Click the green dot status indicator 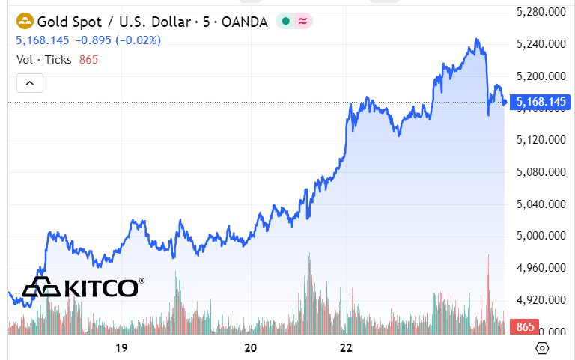click(x=285, y=22)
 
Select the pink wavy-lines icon click(x=302, y=22)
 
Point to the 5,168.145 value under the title click(x=41, y=40)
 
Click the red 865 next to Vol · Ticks click(x=88, y=59)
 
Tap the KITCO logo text click(x=101, y=287)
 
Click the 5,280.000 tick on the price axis click(x=541, y=12)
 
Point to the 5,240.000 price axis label click(x=541, y=44)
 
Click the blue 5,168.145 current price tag click(x=541, y=101)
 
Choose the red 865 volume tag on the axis click(x=525, y=327)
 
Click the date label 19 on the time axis click(x=121, y=347)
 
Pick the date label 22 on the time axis click(x=346, y=347)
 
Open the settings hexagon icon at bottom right click(x=542, y=348)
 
